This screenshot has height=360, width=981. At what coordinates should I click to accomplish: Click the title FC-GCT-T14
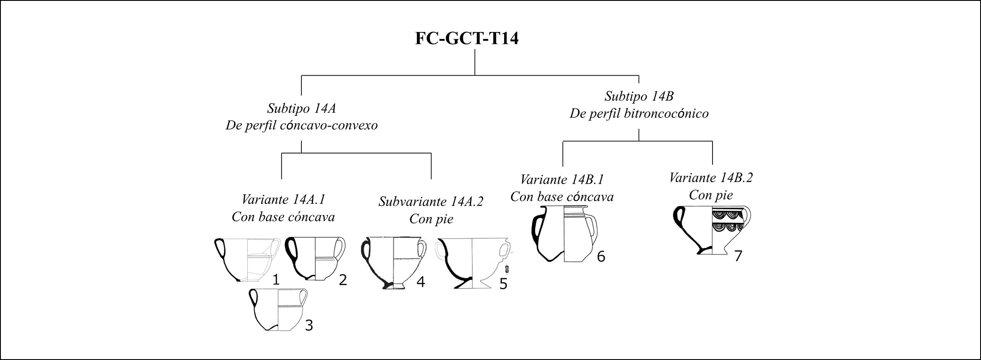(467, 38)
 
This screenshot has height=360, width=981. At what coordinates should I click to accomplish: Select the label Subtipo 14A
(301, 108)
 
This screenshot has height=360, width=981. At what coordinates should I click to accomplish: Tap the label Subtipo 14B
(639, 96)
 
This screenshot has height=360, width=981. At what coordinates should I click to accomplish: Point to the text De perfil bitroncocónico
(639, 114)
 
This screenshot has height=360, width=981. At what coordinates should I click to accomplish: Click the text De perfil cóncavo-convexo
(301, 126)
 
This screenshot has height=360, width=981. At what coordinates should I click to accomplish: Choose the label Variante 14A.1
(283, 200)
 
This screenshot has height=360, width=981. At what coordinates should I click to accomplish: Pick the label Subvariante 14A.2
(431, 201)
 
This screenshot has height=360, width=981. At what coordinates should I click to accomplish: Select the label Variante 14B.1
(562, 179)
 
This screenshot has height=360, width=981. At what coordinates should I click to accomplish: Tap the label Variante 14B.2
(711, 178)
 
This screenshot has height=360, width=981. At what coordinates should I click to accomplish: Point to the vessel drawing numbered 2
(315, 258)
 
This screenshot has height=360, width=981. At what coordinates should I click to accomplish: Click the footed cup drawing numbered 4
(393, 263)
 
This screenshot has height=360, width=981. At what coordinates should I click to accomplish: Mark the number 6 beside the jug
(601, 257)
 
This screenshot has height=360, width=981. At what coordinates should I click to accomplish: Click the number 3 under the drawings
(309, 325)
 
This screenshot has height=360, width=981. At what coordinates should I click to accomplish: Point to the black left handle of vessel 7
(679, 218)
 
